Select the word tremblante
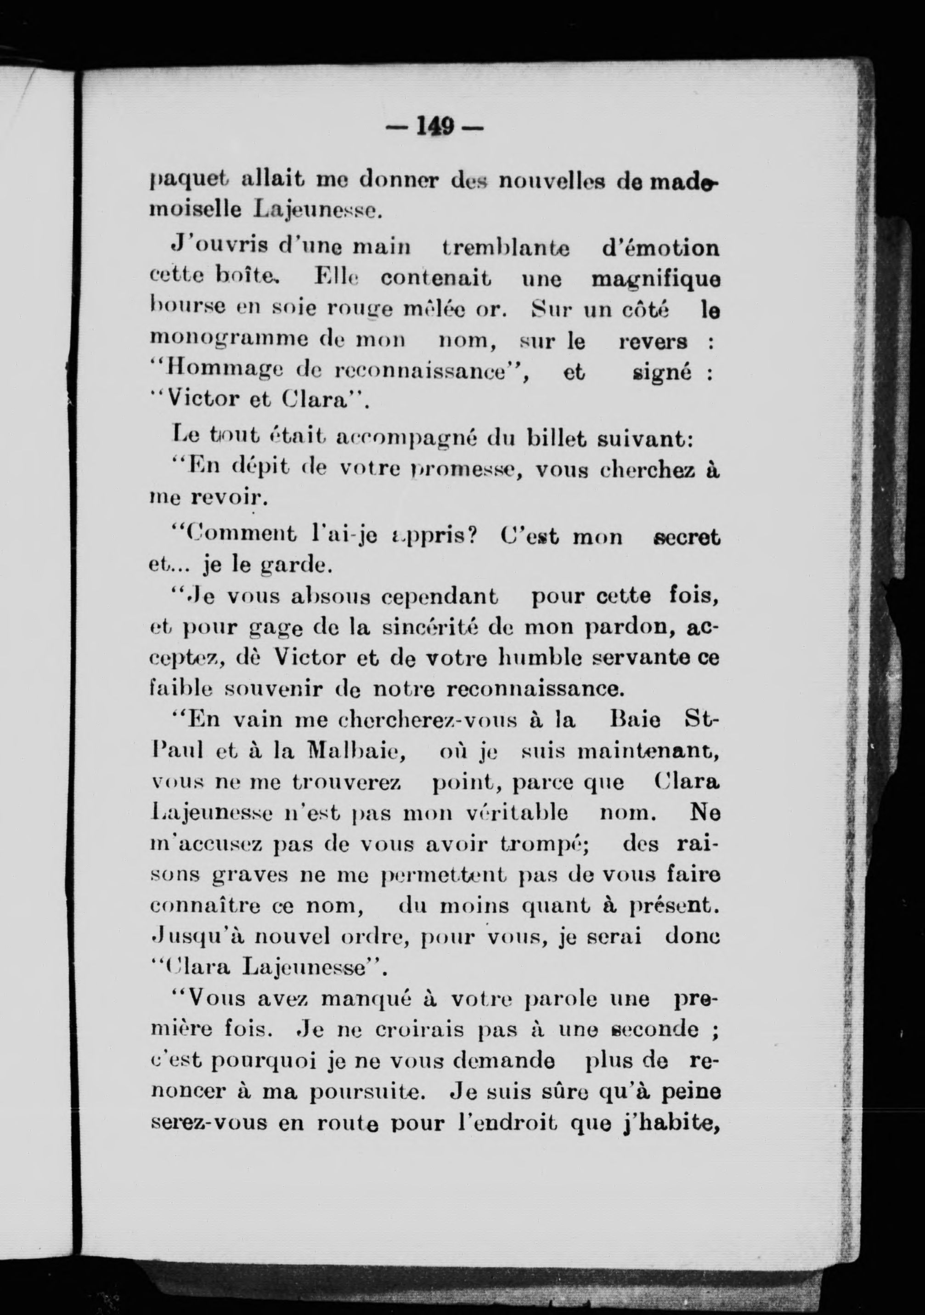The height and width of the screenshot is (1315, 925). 506,249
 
